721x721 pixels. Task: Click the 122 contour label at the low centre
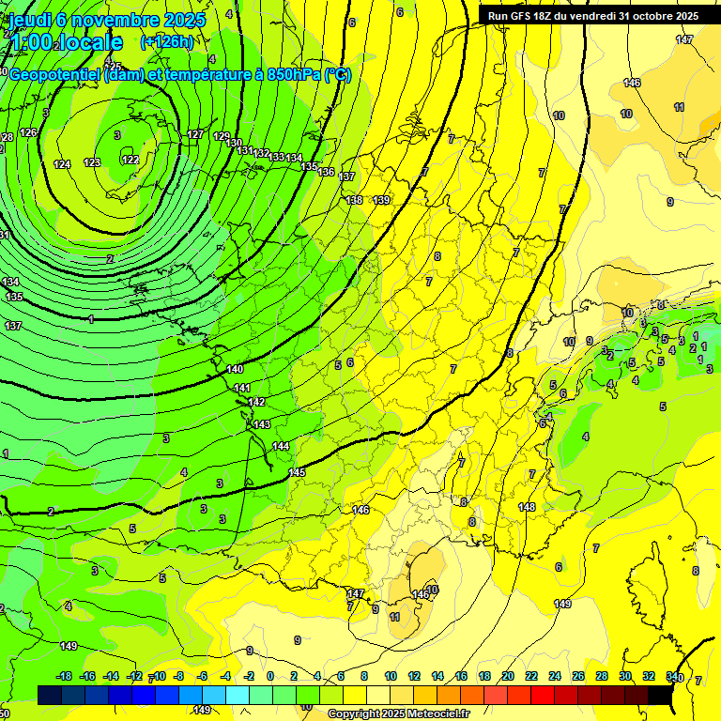(130, 160)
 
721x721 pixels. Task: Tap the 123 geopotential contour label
(92, 162)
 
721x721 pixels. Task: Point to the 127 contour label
(195, 134)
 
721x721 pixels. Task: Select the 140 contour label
(235, 369)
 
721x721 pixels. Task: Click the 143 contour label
(262, 424)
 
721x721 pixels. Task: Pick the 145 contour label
(298, 472)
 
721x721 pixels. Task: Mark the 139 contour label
(381, 200)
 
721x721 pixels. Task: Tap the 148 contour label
(527, 507)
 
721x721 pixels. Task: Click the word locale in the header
(90, 42)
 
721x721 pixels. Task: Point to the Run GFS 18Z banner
(592, 16)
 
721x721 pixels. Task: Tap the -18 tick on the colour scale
(65, 676)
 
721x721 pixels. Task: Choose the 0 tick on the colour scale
(270, 676)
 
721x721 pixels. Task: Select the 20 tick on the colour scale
(507, 676)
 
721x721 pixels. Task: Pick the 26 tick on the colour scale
(578, 676)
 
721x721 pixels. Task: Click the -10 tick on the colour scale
(159, 676)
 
